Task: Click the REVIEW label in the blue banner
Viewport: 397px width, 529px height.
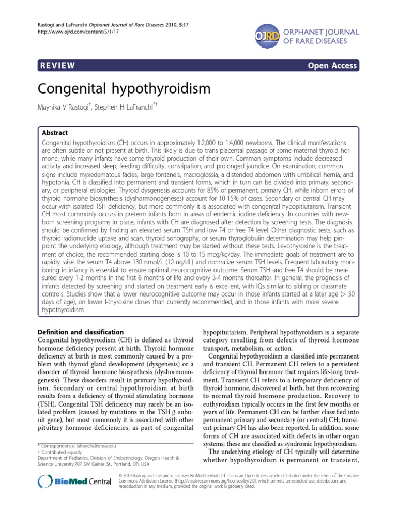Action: point(57,65)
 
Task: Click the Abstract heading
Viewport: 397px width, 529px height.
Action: point(54,132)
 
